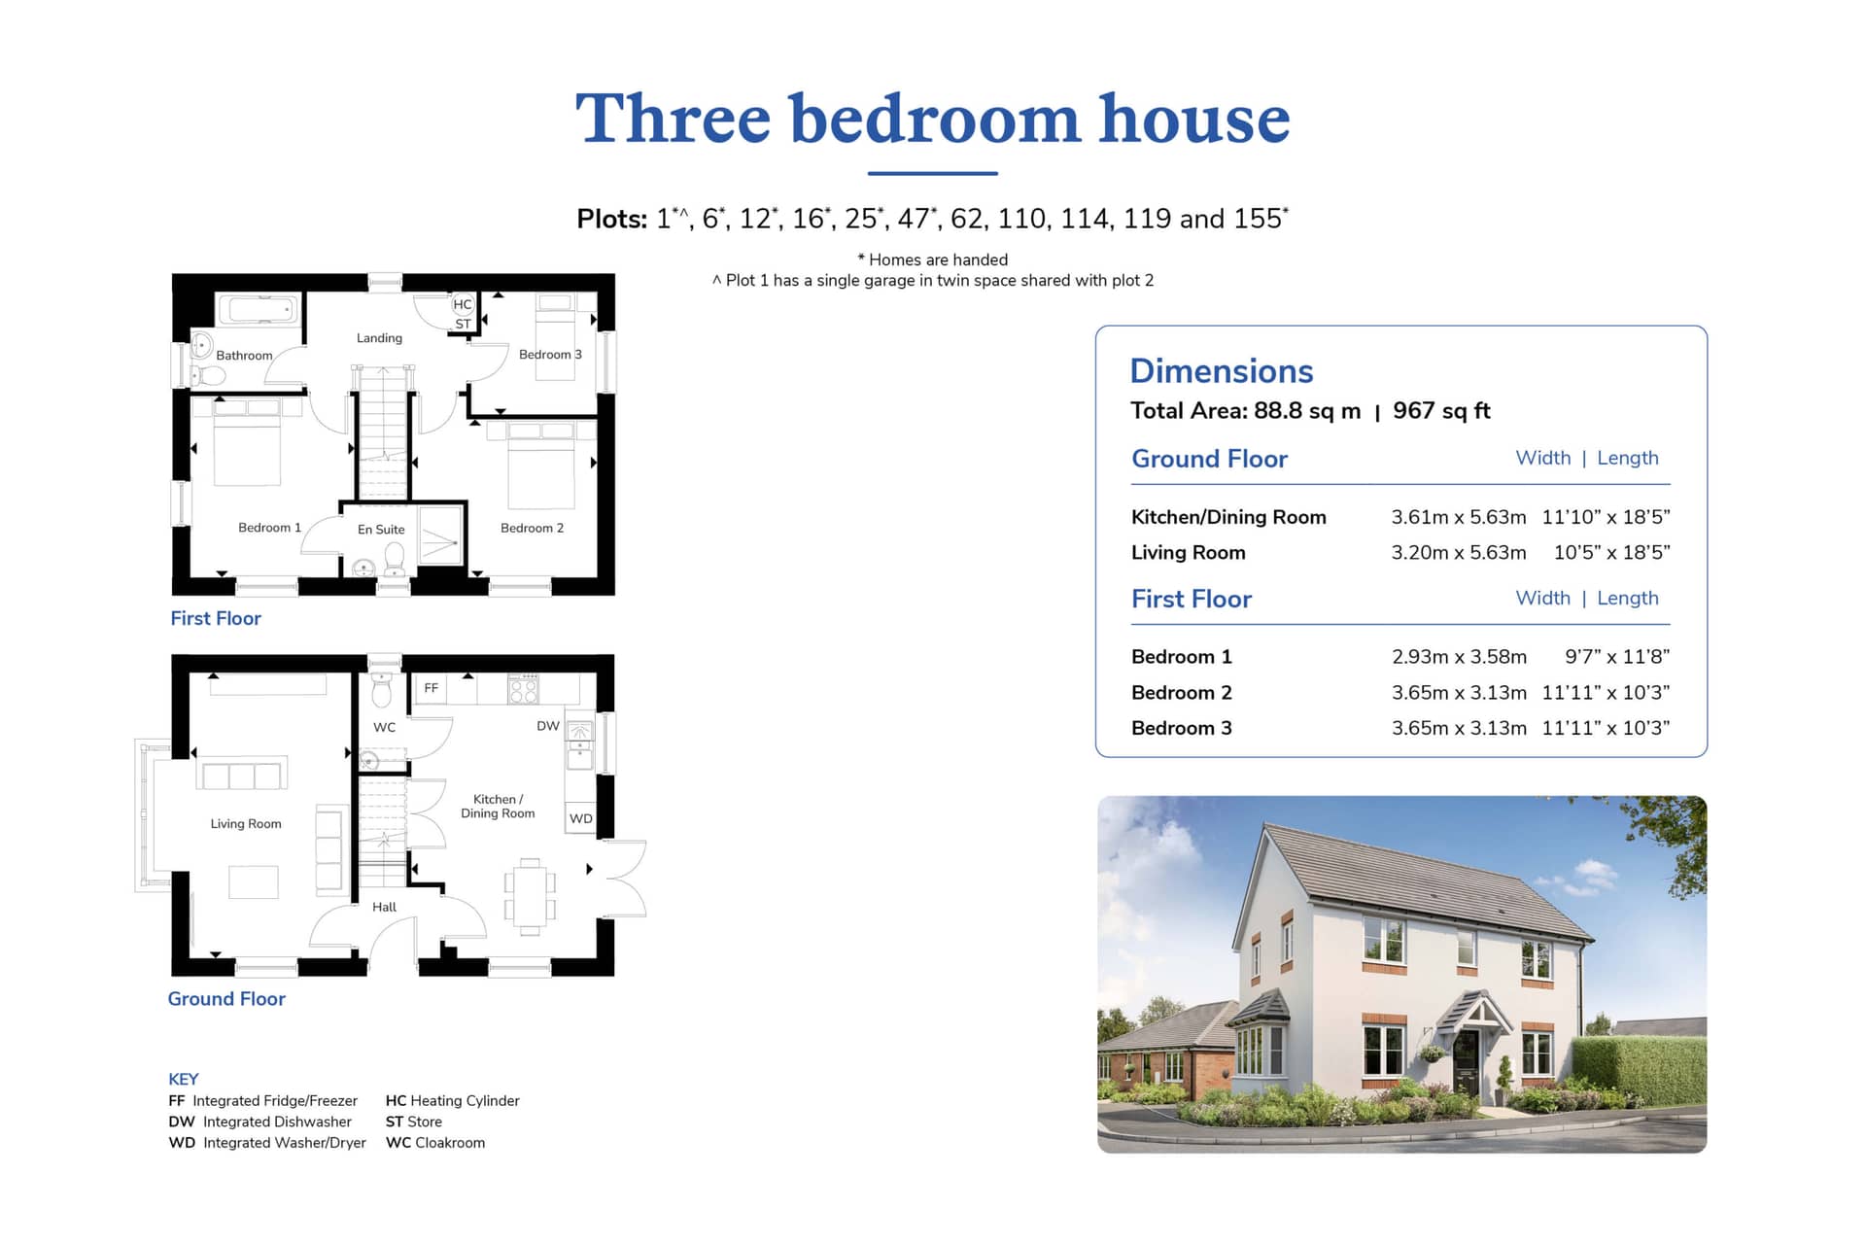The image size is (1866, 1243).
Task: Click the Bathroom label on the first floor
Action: click(244, 356)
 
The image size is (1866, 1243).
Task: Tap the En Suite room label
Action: click(381, 530)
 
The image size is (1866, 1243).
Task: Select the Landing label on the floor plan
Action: click(379, 338)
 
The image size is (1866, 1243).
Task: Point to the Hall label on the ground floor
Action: click(384, 907)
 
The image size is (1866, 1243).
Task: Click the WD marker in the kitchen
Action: click(580, 818)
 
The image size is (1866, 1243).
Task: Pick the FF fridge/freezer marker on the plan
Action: click(431, 688)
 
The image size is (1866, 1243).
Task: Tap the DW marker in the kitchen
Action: click(548, 726)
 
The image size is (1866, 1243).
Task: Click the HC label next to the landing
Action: click(463, 304)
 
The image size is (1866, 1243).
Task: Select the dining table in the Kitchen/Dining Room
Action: click(530, 896)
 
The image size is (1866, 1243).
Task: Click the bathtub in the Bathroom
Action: click(259, 310)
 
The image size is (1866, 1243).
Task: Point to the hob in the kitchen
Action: click(523, 689)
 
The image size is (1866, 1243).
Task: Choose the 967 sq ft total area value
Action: click(1441, 411)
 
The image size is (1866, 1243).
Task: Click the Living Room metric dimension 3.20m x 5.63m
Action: click(1459, 552)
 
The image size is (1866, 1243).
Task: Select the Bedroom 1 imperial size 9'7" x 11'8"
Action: click(1617, 657)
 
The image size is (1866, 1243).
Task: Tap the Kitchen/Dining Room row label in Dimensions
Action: click(1228, 517)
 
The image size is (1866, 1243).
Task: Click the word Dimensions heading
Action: click(1222, 370)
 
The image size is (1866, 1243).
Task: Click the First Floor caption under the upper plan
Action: click(216, 618)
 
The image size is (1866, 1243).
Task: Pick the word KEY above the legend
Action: click(183, 1079)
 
